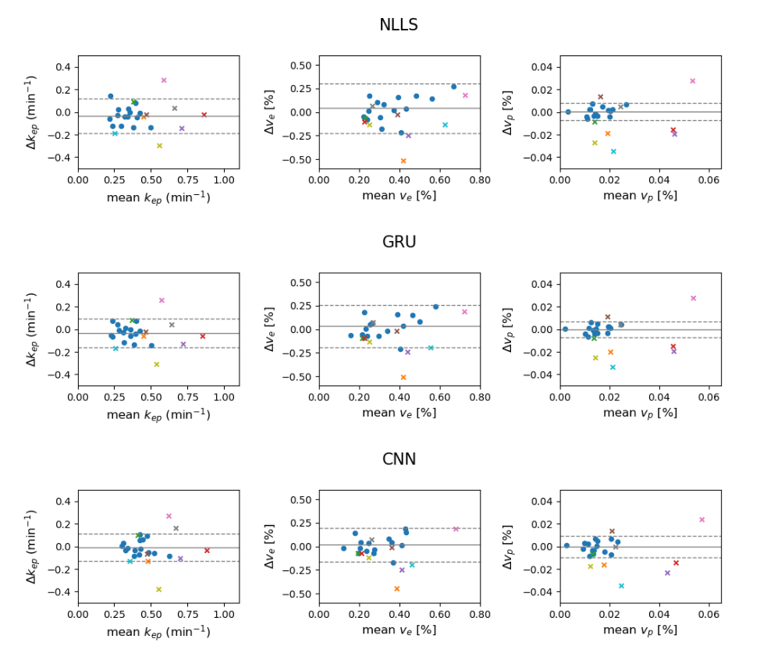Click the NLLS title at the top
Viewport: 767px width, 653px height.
(398, 25)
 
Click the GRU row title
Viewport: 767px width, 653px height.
(398, 243)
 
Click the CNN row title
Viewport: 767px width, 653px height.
(398, 460)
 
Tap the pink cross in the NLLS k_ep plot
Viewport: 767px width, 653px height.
(164, 80)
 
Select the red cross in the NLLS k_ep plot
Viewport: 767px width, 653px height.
(204, 115)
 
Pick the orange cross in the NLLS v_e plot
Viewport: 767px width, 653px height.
(403, 161)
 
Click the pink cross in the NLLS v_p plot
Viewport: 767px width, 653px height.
(692, 81)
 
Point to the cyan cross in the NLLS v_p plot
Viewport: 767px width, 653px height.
(613, 151)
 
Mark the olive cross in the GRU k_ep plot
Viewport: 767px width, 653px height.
(156, 364)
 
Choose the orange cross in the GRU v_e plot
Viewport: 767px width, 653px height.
(403, 378)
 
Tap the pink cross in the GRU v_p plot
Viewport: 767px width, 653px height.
(693, 298)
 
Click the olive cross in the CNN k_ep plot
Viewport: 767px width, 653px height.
(158, 590)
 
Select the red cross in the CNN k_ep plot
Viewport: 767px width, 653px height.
(207, 551)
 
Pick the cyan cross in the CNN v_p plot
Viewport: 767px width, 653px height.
(622, 586)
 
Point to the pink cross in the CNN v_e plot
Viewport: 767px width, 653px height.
(456, 529)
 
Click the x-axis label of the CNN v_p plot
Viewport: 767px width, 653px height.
(640, 630)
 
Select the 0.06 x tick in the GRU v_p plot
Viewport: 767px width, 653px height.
(708, 398)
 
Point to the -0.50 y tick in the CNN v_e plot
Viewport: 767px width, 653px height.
(302, 594)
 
